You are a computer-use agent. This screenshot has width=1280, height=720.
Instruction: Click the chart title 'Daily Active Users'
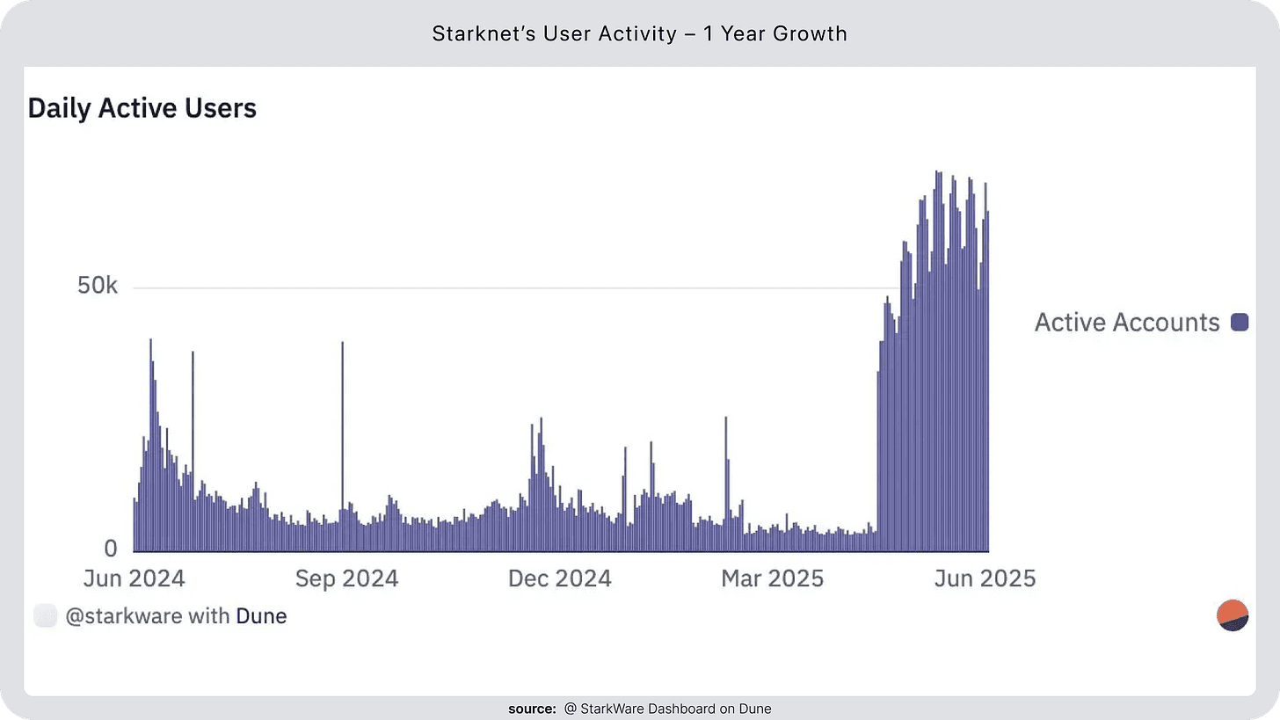142,108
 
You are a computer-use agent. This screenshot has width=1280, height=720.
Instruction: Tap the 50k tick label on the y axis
98,287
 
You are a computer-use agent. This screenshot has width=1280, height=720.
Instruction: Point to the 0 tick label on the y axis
110,549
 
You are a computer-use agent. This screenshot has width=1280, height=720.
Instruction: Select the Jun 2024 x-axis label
134,578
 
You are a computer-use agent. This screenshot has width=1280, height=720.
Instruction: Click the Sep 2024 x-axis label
346,578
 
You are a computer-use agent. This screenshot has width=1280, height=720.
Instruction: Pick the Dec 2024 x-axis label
560,578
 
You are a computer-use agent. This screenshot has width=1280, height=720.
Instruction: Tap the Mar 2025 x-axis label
772,578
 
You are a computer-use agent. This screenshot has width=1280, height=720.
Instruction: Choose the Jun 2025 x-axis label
985,578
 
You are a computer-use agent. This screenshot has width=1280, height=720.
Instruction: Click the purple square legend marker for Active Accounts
1240,323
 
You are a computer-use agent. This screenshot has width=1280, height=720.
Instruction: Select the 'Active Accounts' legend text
1126,323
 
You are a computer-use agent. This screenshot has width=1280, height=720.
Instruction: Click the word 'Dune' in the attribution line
261,616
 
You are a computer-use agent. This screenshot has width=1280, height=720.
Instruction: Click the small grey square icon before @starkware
45,616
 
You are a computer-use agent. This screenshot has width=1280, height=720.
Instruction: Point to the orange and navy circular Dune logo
1233,616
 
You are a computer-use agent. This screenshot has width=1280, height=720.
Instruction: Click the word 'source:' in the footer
533,709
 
